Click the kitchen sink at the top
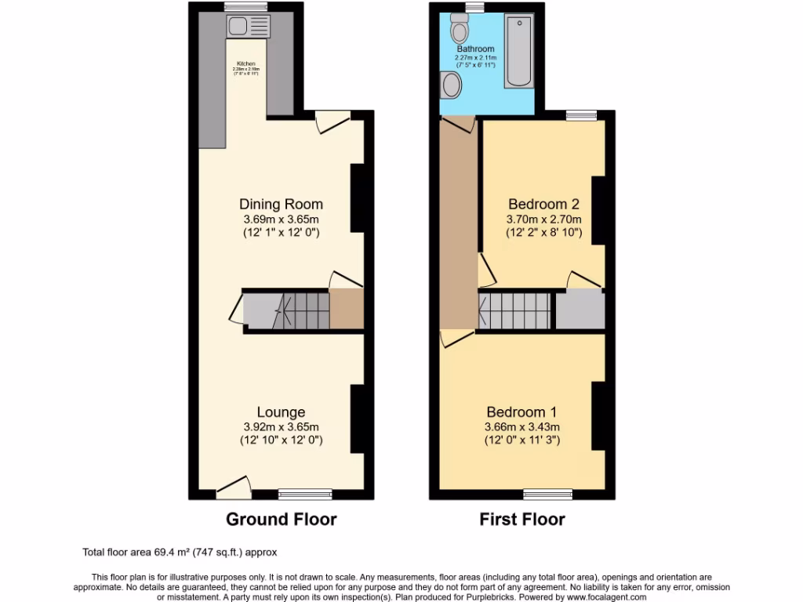tap(247, 27)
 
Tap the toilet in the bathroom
tap(460, 31)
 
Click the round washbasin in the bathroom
tap(450, 84)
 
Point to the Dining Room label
tap(282, 205)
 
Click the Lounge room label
tap(281, 412)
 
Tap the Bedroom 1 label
tap(521, 412)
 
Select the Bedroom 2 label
tap(543, 205)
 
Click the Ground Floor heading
tap(281, 519)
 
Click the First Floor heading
tap(522, 519)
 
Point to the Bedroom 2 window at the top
tap(581, 114)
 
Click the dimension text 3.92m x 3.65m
tap(281, 427)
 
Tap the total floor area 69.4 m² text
tap(180, 552)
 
